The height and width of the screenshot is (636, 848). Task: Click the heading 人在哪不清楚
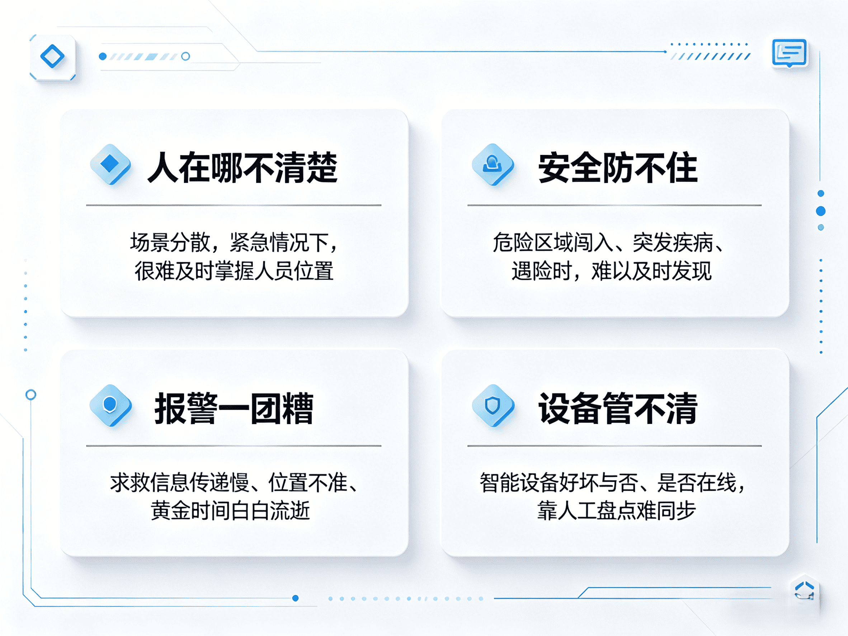click(242, 168)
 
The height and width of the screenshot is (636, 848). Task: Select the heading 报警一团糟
click(234, 408)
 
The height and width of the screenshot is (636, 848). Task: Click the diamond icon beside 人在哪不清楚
click(110, 164)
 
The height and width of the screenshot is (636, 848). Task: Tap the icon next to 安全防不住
click(492, 164)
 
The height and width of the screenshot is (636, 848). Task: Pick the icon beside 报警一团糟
click(110, 405)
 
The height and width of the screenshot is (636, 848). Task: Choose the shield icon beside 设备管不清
click(492, 405)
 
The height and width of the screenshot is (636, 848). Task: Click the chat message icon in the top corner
click(789, 53)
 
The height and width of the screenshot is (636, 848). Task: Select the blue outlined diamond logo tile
click(52, 57)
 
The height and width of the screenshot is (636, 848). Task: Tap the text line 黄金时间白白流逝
click(230, 511)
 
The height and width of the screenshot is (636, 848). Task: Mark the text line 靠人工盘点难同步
click(616, 511)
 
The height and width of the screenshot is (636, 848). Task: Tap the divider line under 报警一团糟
click(234, 446)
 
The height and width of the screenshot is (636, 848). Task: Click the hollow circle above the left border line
click(30, 395)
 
